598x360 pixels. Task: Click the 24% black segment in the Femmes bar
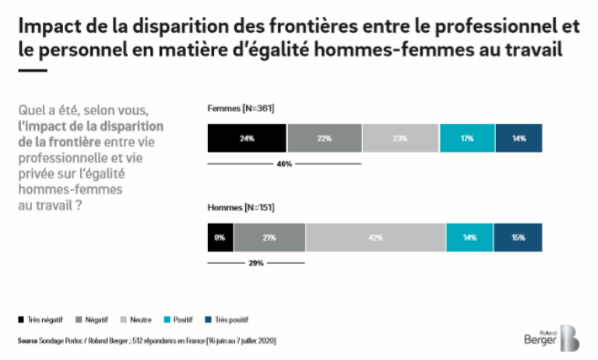247,138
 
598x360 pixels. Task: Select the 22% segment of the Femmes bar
324,138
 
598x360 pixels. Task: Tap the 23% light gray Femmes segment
400,138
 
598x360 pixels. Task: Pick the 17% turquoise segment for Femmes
467,138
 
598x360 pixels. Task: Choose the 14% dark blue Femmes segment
519,138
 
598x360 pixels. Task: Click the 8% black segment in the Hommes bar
220,237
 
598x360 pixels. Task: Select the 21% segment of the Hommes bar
269,237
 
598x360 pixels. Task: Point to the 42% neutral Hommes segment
375,237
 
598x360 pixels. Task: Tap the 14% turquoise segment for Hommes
469,237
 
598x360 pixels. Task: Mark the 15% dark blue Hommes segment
518,237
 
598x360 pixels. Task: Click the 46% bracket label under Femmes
284,164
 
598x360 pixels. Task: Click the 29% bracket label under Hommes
256,263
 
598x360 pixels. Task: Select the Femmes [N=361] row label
241,108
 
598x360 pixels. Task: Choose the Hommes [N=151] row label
241,208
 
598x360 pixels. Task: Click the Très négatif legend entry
40,319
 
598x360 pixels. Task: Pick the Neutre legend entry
135,319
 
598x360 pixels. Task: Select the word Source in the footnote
28,341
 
